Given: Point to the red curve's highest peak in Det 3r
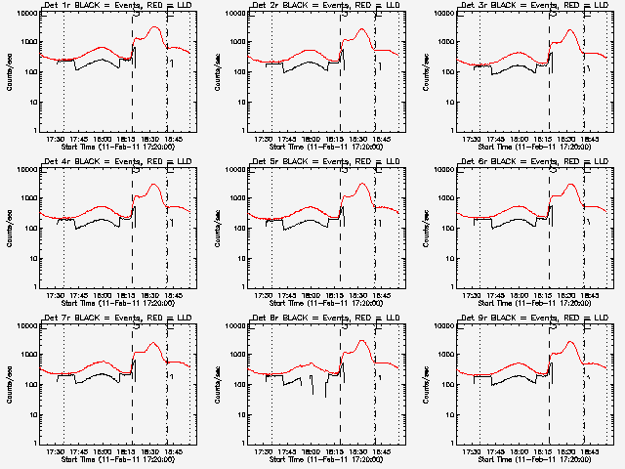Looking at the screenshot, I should pos(569,30).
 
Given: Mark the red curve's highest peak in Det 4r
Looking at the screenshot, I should pos(151,184).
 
